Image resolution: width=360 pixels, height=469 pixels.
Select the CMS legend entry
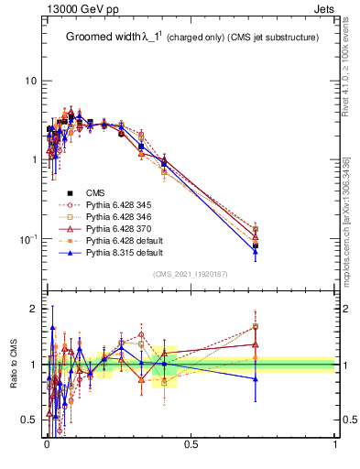click(x=95, y=192)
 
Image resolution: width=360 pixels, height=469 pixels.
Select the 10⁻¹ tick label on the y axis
click(x=28, y=238)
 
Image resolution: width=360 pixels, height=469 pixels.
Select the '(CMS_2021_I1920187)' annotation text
click(x=191, y=274)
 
